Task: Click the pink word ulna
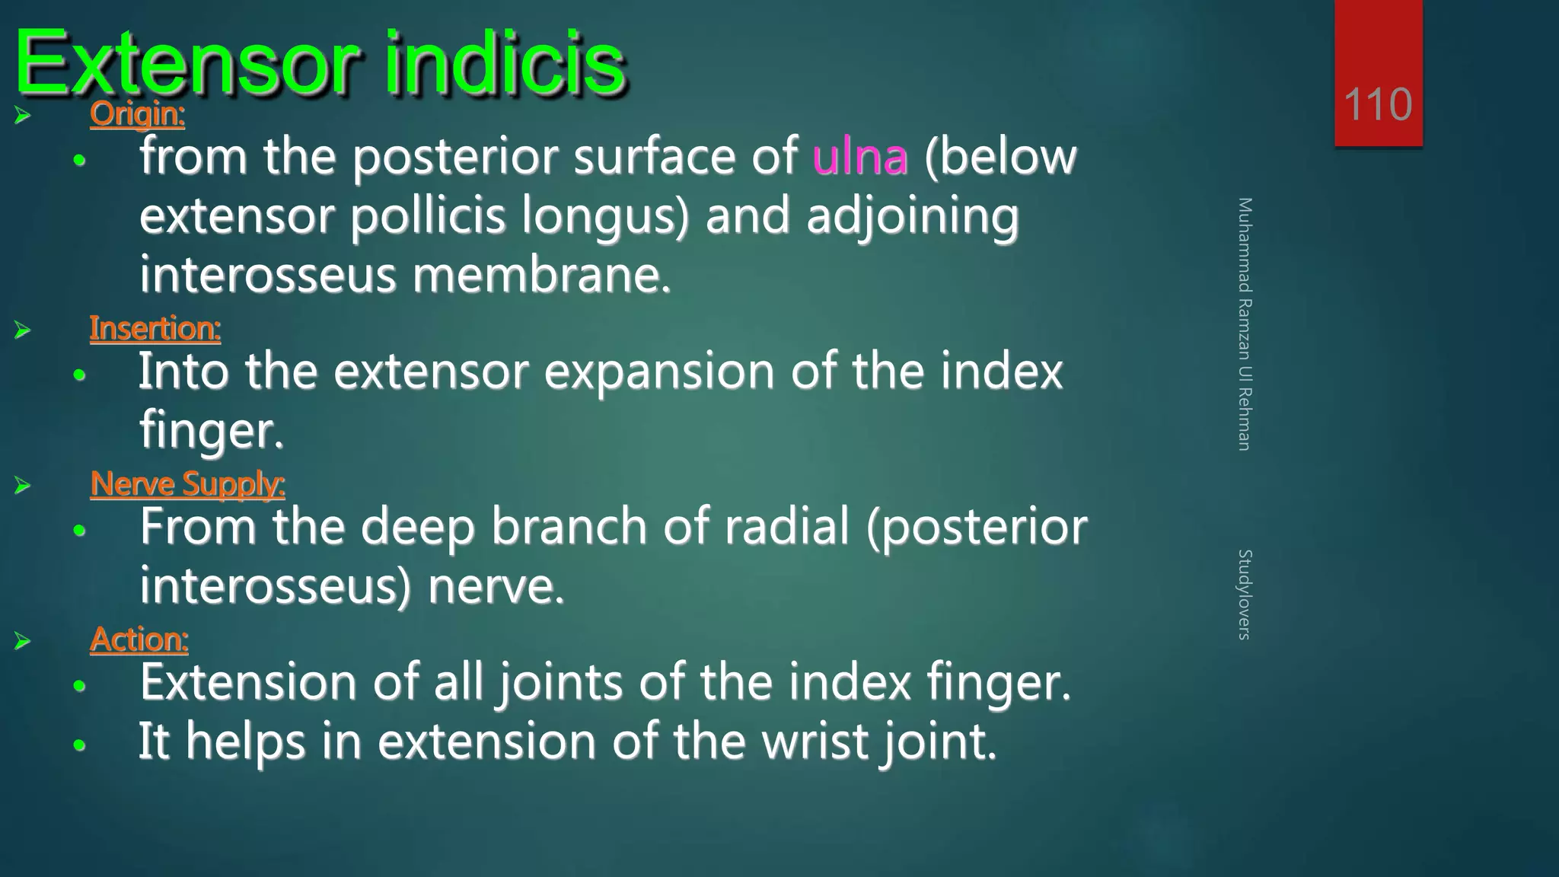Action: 860,158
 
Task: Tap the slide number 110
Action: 1378,104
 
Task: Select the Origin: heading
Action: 137,115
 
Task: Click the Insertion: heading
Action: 155,329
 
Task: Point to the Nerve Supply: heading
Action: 187,484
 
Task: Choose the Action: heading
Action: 139,639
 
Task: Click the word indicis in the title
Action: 504,64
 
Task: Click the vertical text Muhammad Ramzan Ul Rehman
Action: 1244,324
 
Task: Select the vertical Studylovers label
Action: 1244,594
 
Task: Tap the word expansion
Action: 658,373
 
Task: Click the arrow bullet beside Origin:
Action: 22,116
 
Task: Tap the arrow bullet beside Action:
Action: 22,641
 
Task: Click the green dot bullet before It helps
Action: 80,745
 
